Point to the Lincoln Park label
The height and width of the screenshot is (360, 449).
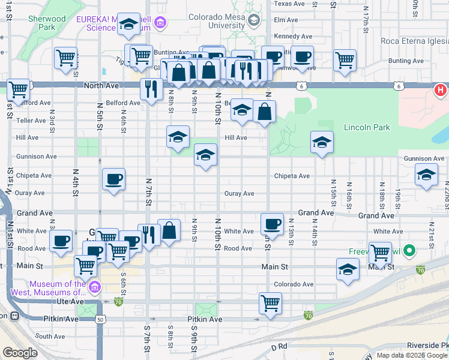[367, 127]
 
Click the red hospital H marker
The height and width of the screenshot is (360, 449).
[440, 91]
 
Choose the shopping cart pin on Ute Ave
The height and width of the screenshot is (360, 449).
[271, 302]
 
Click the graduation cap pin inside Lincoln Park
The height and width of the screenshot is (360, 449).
[322, 142]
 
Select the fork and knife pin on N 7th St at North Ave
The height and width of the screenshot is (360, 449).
[151, 89]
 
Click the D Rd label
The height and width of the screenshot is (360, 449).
[280, 347]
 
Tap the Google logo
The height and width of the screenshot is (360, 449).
[20, 353]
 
